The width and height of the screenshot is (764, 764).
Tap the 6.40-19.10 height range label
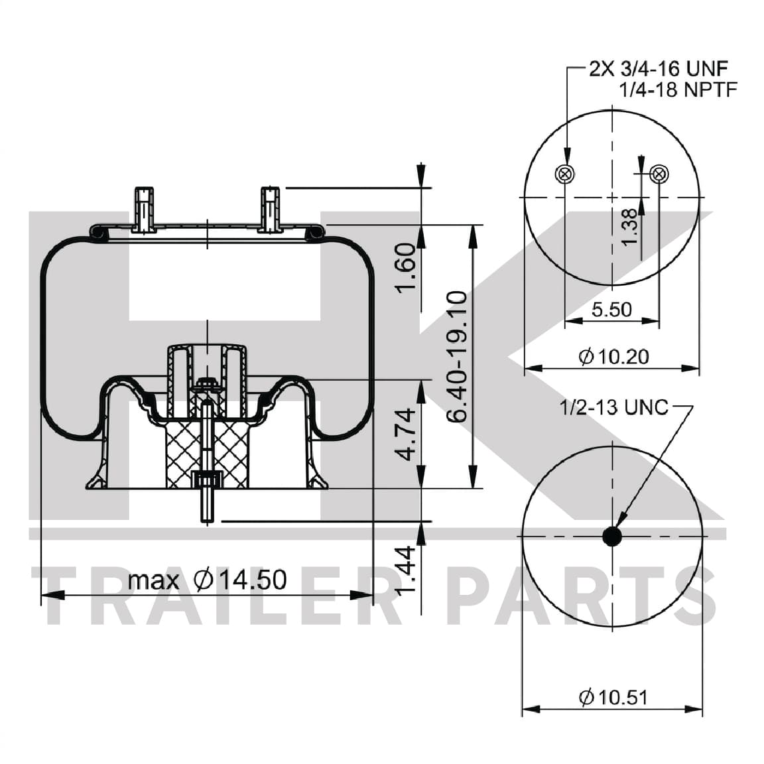pos(456,357)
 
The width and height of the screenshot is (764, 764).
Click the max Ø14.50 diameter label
pos(207,580)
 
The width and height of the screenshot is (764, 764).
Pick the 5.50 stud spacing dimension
pos(611,310)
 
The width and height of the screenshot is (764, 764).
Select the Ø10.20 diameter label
pos(614,357)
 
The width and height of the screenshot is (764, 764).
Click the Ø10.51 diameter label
pos(614,697)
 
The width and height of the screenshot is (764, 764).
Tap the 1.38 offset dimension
pos(629,227)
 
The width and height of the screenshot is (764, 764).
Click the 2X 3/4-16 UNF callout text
pos(659,69)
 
